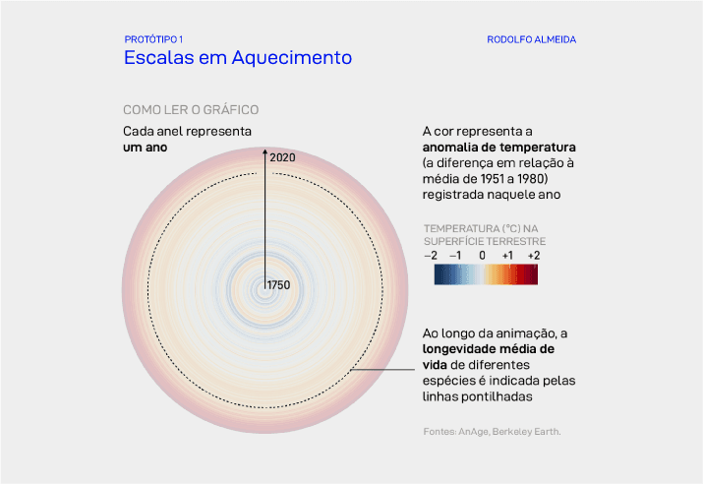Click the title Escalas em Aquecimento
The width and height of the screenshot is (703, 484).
[x=237, y=58]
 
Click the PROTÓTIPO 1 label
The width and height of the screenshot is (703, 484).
[x=153, y=39]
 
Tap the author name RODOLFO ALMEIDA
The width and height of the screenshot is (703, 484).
[x=531, y=39]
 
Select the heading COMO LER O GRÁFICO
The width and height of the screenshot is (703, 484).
[x=190, y=110]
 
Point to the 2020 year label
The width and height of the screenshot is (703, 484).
[x=282, y=157]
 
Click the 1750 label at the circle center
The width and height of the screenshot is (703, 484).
[x=280, y=284]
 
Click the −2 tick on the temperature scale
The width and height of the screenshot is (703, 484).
[x=430, y=255]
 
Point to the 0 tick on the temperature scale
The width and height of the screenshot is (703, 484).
[x=483, y=255]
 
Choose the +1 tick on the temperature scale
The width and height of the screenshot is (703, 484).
[x=507, y=255]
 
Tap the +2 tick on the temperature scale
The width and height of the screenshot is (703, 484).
[x=533, y=255]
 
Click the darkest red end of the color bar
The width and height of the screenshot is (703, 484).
[x=535, y=274]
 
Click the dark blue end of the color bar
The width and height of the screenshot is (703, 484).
[x=437, y=274]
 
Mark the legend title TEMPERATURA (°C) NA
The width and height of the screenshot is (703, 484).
[x=482, y=227]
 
